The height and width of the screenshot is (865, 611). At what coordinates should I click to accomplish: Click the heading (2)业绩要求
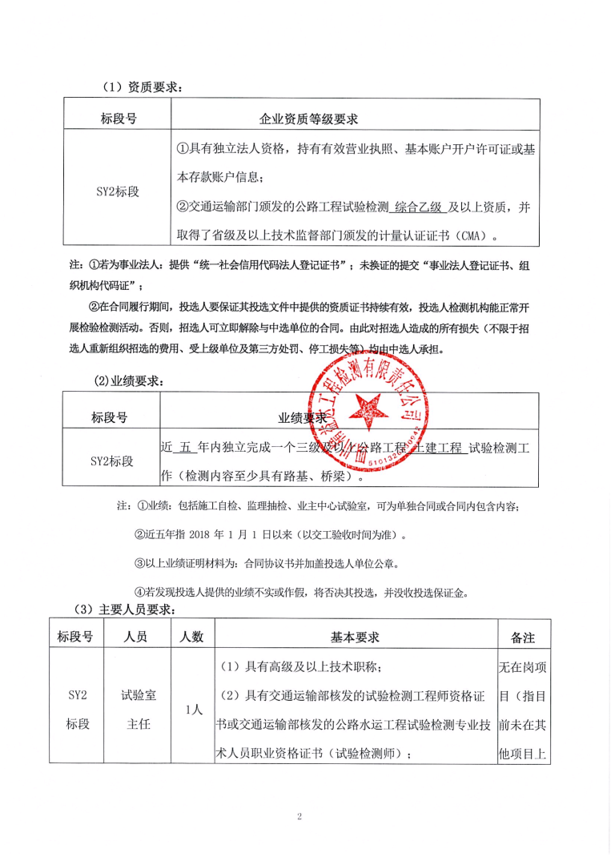click(128, 381)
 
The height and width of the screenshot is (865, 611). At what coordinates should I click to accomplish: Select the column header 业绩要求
click(303, 417)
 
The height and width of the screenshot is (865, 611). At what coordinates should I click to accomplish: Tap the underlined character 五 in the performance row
click(185, 448)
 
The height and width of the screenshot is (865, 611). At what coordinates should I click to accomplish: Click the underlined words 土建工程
click(437, 448)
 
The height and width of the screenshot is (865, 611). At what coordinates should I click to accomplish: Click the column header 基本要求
click(355, 637)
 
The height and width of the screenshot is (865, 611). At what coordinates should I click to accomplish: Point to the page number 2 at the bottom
click(298, 816)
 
